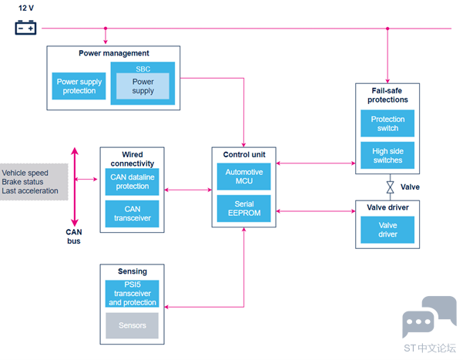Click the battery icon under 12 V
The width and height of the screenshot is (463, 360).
point(25,28)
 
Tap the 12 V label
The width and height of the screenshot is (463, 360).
point(26,8)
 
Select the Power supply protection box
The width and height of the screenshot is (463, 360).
point(79,86)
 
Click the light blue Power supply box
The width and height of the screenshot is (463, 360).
point(143,86)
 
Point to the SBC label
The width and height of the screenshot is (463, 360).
point(143,69)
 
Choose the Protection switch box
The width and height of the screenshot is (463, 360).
point(388,123)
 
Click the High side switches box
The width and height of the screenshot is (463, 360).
point(388,155)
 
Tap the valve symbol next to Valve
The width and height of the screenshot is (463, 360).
point(390,187)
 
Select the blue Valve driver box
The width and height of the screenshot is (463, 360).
point(388,230)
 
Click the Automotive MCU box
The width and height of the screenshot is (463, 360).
point(244,177)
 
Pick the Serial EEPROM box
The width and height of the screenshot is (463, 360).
point(244,208)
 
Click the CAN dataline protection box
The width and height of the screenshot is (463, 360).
point(132,182)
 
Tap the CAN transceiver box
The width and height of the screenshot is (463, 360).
point(132,214)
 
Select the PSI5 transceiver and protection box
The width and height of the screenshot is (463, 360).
point(132,294)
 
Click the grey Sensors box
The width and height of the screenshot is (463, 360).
point(132,325)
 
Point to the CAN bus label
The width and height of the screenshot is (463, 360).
point(74,237)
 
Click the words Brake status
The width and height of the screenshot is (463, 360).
point(22,182)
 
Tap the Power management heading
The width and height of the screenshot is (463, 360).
point(114,53)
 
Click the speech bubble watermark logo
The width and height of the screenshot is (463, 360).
point(429,317)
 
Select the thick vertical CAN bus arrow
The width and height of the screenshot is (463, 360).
point(75,187)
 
